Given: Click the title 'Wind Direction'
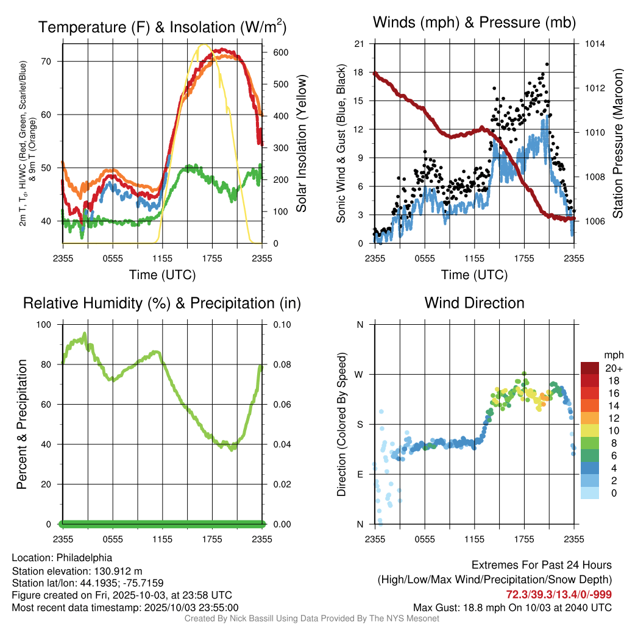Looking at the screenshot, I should [474, 303].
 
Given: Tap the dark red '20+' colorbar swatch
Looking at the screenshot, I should [590, 369].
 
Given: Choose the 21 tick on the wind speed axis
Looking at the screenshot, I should [360, 44].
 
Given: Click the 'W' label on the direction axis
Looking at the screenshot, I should [360, 374].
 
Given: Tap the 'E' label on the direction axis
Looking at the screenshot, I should [360, 474].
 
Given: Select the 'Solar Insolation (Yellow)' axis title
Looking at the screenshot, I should [302, 143].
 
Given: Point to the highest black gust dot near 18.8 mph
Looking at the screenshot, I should [547, 64].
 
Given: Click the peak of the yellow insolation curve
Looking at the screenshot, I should [204, 44].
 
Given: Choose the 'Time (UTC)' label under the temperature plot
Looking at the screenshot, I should [162, 275].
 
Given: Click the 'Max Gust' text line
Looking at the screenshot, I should [512, 607].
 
